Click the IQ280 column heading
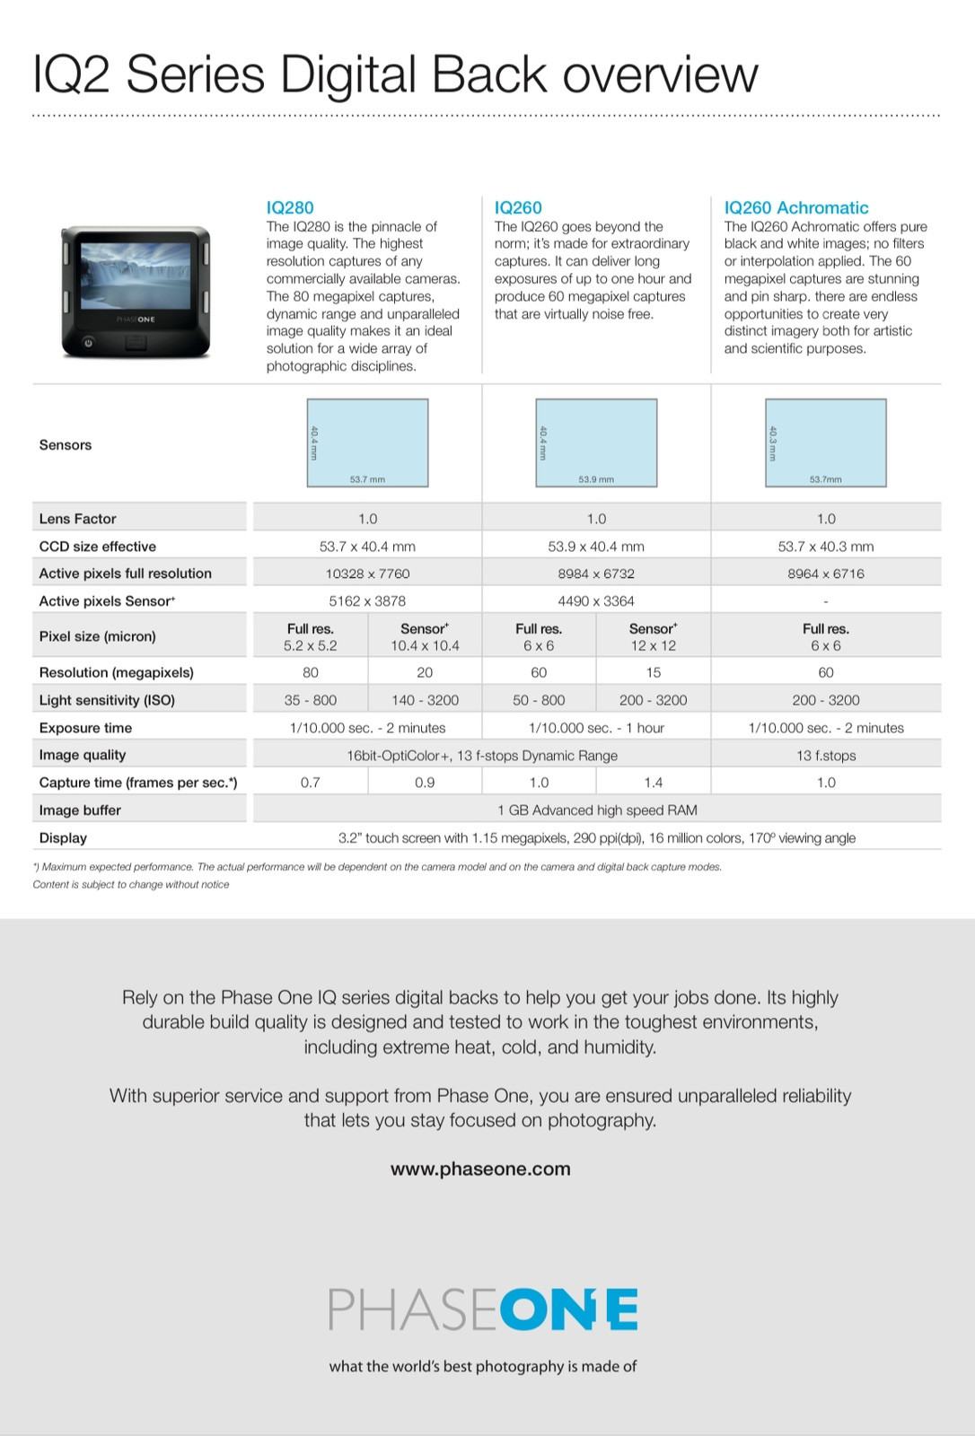point(290,207)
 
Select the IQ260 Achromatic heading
point(795,207)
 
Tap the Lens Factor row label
point(78,519)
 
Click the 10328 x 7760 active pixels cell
point(367,574)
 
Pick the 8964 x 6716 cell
point(825,574)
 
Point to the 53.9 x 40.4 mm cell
point(596,547)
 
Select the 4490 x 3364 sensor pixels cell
point(596,601)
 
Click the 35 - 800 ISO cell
point(311,700)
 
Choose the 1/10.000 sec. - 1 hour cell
point(596,728)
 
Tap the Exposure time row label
point(85,728)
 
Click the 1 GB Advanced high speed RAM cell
point(597,810)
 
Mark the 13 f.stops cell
point(825,756)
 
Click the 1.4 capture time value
point(654,783)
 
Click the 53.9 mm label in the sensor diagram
point(596,479)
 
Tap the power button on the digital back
point(88,342)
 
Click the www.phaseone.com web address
point(480,1169)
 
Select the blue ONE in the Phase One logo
point(568,1310)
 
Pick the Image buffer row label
point(80,810)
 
